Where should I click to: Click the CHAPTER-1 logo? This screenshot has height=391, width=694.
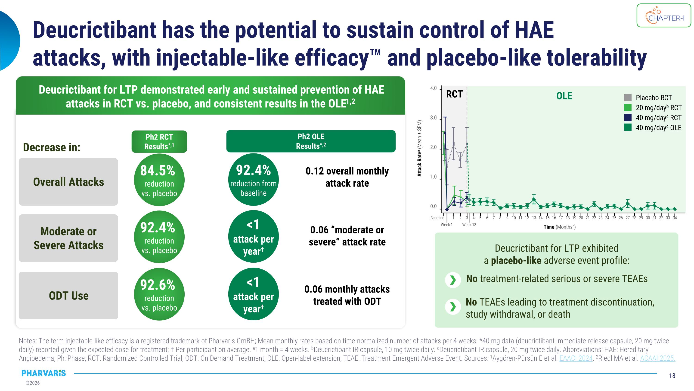[x=664, y=16]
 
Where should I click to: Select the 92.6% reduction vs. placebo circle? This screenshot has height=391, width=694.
[x=159, y=294]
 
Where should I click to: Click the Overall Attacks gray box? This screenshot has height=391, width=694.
[x=68, y=182]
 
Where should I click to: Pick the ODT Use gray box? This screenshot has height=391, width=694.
[x=68, y=296]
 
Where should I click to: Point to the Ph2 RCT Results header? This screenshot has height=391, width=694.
[x=159, y=141]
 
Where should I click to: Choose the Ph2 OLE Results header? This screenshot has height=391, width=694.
[x=311, y=141]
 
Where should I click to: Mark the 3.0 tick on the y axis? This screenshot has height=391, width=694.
[x=433, y=118]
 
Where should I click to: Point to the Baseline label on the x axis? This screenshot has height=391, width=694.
[x=437, y=218]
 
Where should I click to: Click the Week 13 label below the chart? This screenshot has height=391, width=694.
[x=469, y=225]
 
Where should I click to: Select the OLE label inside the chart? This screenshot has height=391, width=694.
[x=564, y=96]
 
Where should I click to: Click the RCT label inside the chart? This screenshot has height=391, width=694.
[x=454, y=94]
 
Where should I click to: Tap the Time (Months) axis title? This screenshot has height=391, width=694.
[x=559, y=227]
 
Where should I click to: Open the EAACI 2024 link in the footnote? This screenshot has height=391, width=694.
[x=576, y=358]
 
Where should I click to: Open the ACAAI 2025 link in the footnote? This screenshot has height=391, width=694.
[x=657, y=358]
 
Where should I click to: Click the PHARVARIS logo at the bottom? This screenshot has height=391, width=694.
[x=44, y=373]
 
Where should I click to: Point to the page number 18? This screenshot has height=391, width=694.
[x=672, y=376]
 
